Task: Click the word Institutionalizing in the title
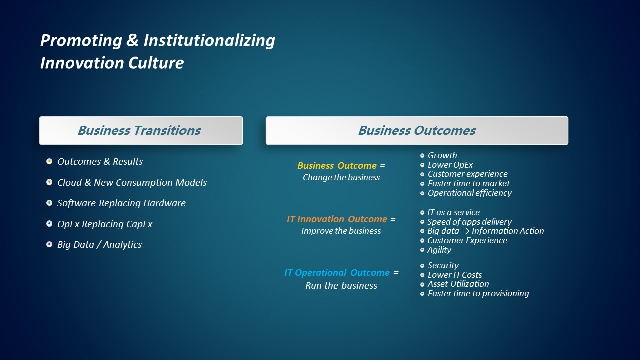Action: tap(209, 41)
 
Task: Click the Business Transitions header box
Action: tap(141, 130)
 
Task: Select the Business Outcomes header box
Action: tap(417, 130)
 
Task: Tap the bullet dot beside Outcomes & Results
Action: tap(49, 161)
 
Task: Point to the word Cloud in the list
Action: tap(69, 182)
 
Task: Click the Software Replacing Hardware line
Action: tap(121, 203)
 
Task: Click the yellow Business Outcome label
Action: tap(337, 165)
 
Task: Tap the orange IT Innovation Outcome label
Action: tap(337, 219)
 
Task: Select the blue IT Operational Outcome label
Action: tap(337, 273)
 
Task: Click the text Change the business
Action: tap(341, 177)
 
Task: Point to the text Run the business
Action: tap(341, 285)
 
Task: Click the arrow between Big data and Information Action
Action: tap(465, 231)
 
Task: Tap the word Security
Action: tap(443, 265)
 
